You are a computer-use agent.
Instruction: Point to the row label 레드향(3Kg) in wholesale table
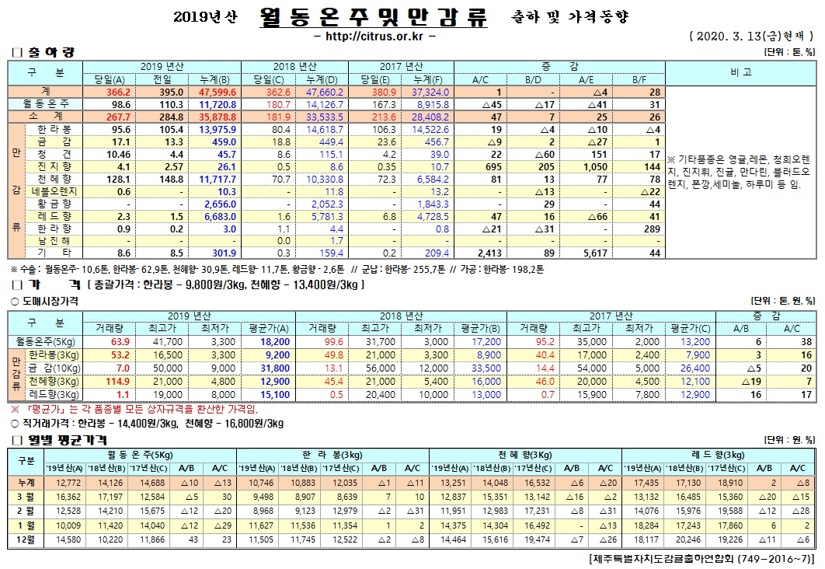51,394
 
